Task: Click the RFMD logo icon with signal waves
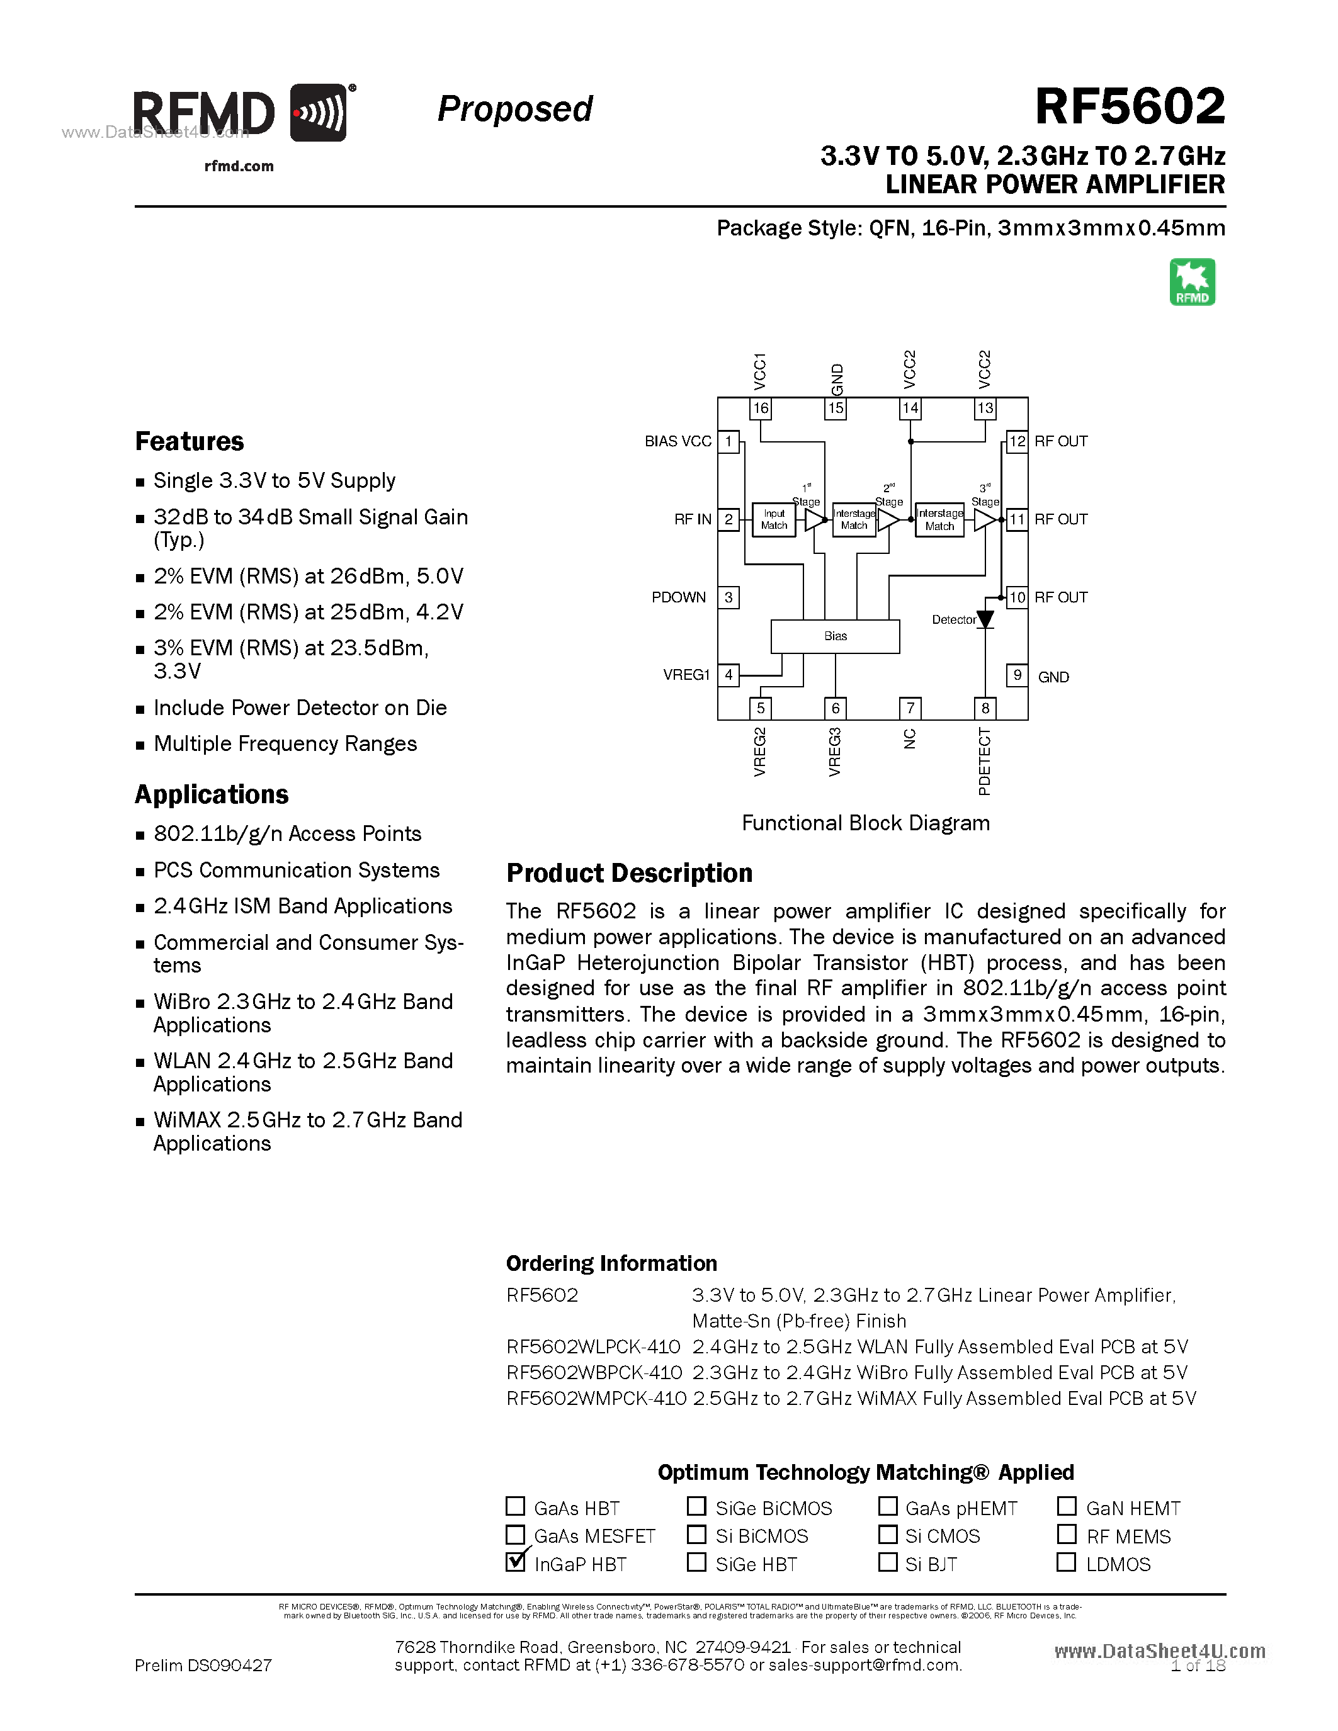318,113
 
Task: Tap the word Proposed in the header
514,109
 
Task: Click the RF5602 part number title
1130,106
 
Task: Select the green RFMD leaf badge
1192,282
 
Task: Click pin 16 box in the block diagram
760,408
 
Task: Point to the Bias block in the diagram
835,636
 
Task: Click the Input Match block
774,520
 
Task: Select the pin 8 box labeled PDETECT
985,708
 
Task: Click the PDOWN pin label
679,597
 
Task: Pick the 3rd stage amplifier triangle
985,520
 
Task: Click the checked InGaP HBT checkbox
515,1562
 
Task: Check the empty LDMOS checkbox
1066,1562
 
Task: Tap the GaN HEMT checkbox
1066,1506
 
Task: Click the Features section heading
190,441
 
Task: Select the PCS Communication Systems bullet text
297,871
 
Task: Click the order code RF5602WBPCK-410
594,1373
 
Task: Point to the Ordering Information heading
611,1263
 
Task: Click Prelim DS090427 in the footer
203,1665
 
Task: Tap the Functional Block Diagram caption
866,823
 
